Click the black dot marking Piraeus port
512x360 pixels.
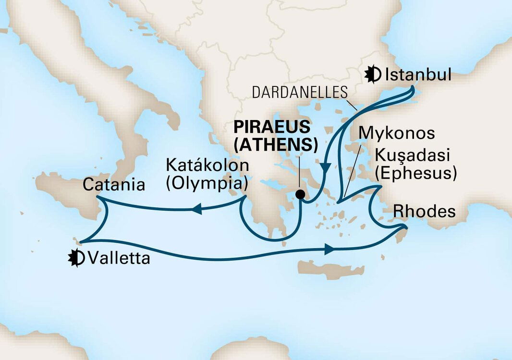click(x=301, y=194)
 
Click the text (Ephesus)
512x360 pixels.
click(x=415, y=173)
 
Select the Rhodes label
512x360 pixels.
click(x=424, y=211)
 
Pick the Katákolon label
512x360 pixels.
click(x=207, y=166)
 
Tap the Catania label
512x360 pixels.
click(x=114, y=185)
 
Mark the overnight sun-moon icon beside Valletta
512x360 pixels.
click(x=77, y=258)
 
